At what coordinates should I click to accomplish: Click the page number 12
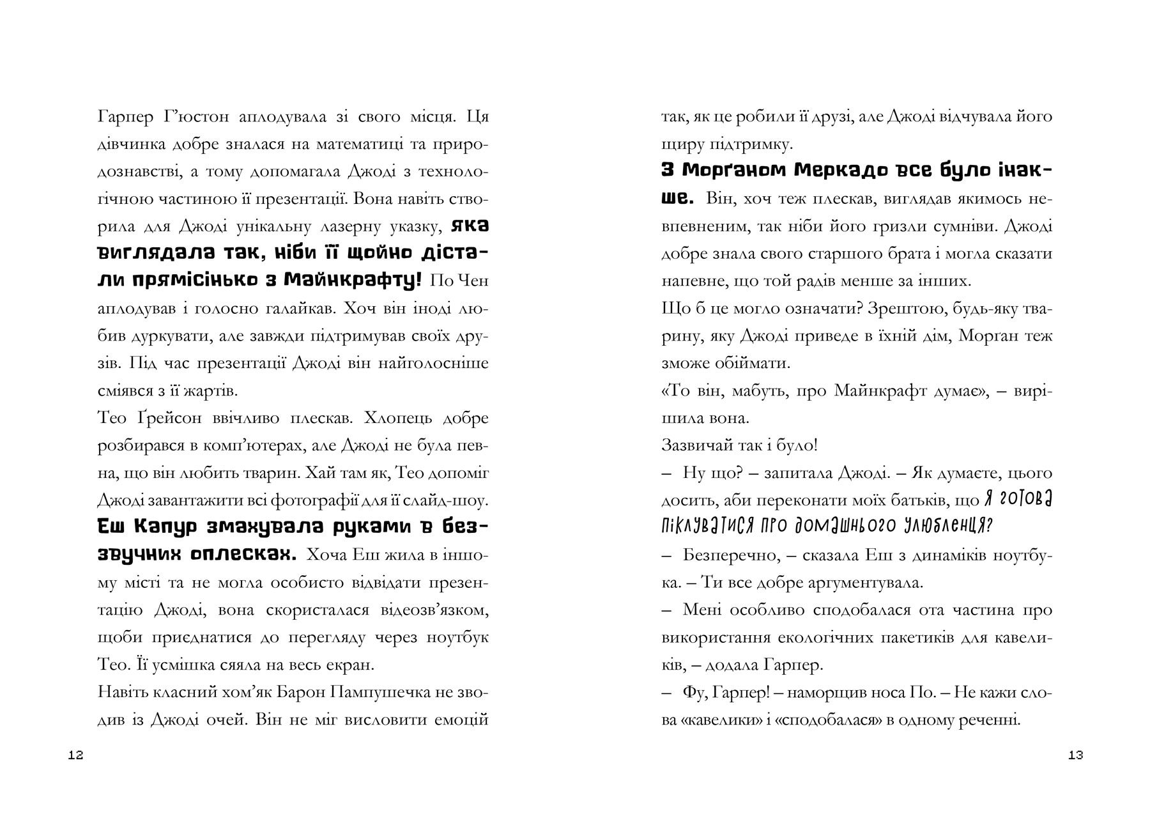click(75, 755)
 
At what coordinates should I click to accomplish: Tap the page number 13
click(1075, 755)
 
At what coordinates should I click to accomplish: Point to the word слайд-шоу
click(455, 500)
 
